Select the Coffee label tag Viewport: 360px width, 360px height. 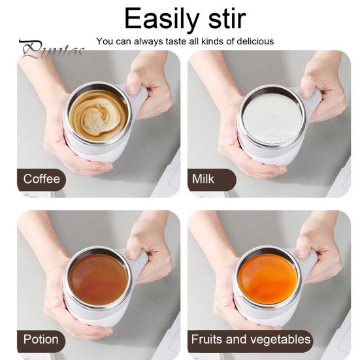tap(42, 179)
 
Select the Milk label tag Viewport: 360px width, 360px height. tap(204, 179)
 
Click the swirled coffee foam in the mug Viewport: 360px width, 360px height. tap(98, 112)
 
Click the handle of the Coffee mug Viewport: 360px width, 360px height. tap(139, 101)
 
